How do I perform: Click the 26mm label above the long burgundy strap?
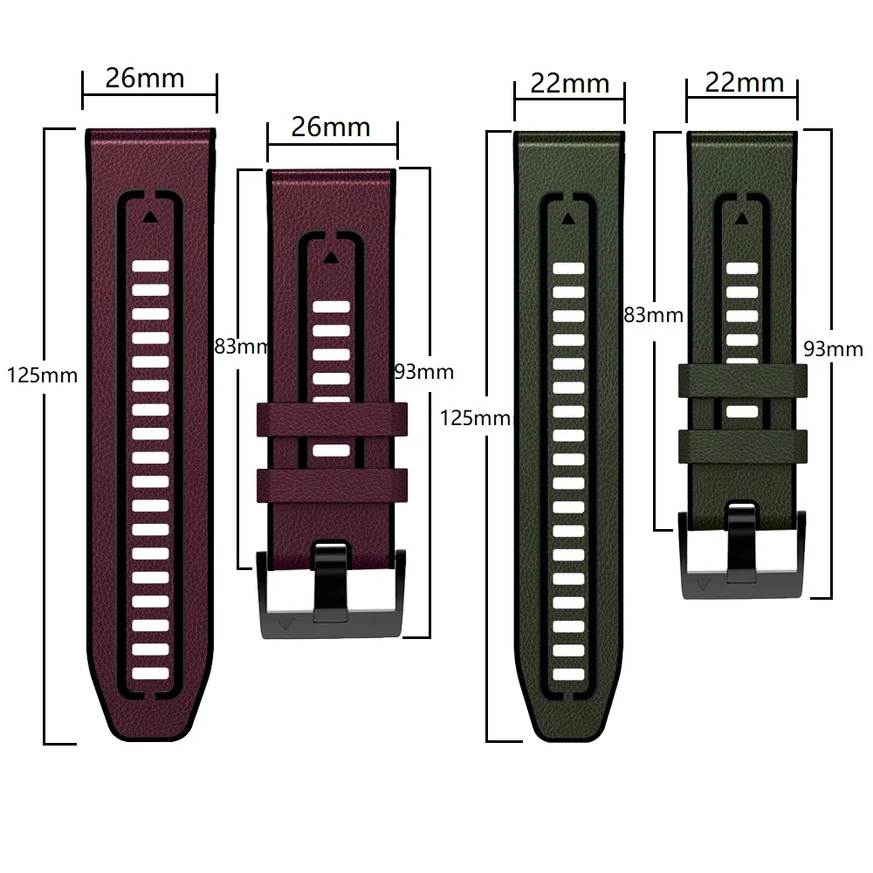point(145,79)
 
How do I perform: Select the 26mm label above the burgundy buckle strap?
point(331,127)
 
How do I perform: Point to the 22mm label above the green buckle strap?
point(745,84)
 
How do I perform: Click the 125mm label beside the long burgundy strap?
point(42,376)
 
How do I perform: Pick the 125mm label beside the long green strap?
point(475,417)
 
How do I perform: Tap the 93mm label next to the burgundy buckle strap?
point(424,372)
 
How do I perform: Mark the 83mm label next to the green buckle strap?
point(653,314)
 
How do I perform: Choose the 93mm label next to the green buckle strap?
point(832,349)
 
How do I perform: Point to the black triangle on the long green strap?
point(568,218)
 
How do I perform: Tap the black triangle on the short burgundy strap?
point(330,258)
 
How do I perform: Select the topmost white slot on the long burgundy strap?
point(149,266)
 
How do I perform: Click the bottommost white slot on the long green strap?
point(568,672)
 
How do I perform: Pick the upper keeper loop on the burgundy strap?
point(332,419)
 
